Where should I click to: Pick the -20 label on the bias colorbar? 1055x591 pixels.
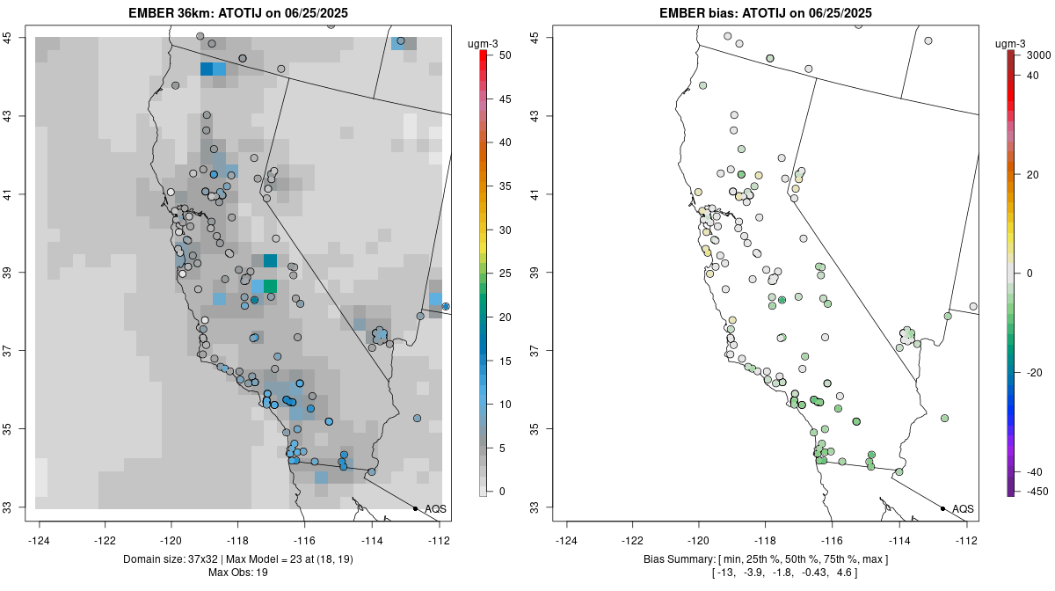[x=1036, y=372]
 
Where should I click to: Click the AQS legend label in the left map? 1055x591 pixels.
[x=436, y=508]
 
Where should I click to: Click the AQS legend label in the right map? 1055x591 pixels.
[x=964, y=508]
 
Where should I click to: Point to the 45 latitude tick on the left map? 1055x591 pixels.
[x=19, y=37]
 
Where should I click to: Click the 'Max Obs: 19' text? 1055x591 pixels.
[x=238, y=573]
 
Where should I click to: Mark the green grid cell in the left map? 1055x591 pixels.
[x=270, y=286]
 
